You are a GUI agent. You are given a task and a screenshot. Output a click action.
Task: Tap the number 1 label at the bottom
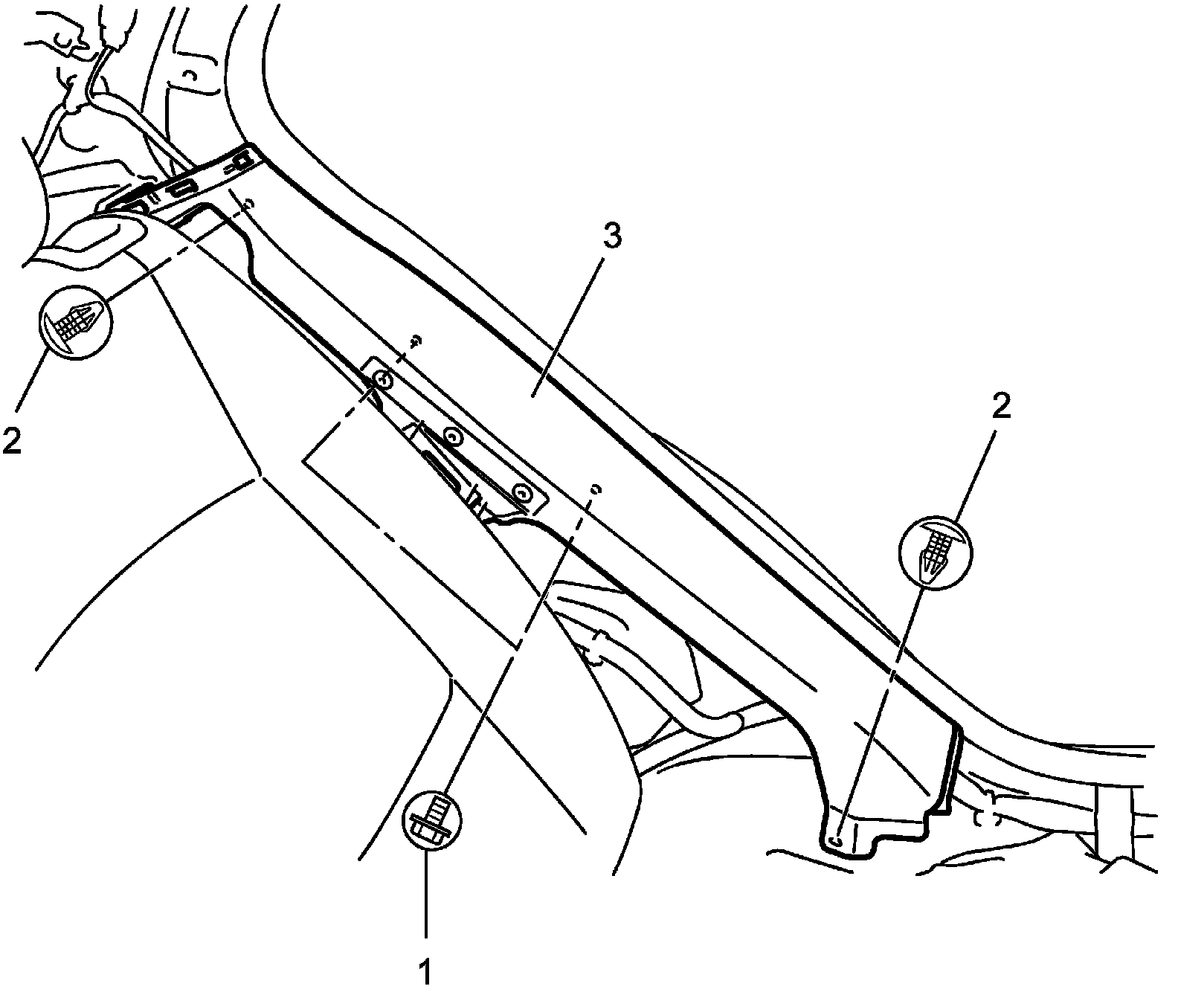425,971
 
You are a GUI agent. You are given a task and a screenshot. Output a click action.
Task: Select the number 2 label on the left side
13,439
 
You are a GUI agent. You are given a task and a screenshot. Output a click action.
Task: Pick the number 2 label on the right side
1000,408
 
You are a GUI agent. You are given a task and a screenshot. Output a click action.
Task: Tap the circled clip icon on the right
936,551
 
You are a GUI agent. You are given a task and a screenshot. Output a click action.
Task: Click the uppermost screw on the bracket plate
384,380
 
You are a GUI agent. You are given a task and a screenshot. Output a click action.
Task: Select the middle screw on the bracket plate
451,437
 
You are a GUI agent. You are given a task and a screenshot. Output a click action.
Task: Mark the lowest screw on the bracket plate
523,492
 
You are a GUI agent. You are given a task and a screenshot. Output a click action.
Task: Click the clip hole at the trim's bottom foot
835,840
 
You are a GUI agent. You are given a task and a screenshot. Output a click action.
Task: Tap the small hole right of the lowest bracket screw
595,489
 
